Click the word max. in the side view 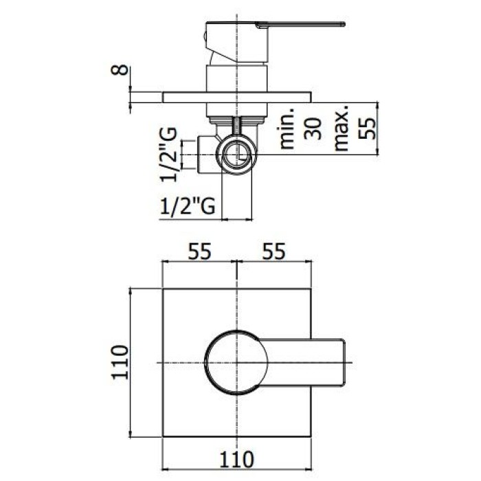pos(342,129)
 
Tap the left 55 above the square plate pos(199,252)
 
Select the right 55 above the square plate pos(273,252)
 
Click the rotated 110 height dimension pos(120,362)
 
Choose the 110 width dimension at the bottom pos(237,458)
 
